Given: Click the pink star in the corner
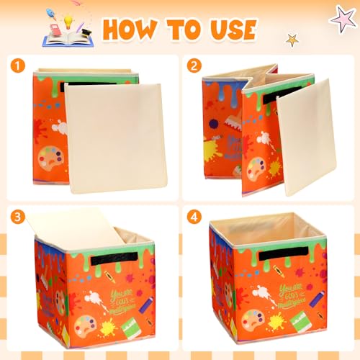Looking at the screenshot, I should (x=341, y=17).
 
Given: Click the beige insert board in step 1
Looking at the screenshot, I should (x=115, y=137).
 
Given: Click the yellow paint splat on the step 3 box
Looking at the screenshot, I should (x=108, y=328).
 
